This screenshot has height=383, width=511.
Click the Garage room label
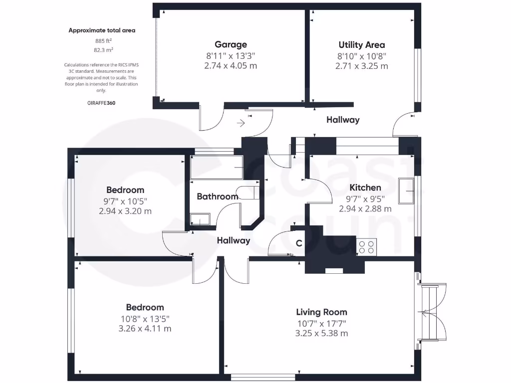tap(231, 44)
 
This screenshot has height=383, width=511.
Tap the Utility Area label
tap(361, 44)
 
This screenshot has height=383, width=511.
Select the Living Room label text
tap(321, 312)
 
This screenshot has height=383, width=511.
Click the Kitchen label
tap(365, 188)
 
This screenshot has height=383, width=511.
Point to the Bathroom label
tap(217, 196)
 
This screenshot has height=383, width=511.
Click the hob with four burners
tap(367, 247)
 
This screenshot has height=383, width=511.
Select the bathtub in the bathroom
tap(217, 168)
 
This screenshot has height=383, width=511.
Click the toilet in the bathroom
tap(249, 192)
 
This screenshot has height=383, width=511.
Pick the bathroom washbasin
tap(201, 219)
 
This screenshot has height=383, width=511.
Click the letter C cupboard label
tap(299, 244)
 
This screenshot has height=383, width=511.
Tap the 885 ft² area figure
tap(103, 40)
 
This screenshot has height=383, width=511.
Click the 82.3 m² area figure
tap(103, 50)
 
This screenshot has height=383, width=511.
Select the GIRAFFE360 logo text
tap(101, 103)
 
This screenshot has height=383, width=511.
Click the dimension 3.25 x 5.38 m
tap(321, 334)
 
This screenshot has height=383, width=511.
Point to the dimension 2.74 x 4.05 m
tap(231, 66)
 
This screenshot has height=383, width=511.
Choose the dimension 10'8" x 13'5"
tap(145, 318)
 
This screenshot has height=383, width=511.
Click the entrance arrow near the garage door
tap(242, 122)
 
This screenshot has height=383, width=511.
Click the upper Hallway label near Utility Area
tap(343, 120)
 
